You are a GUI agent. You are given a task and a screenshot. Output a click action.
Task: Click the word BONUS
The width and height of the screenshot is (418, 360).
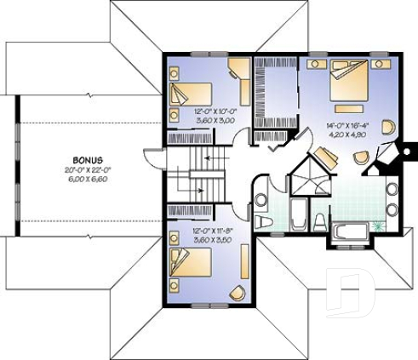[x=88, y=160]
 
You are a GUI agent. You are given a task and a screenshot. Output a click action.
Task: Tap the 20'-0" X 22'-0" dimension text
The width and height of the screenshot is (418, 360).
[x=88, y=169]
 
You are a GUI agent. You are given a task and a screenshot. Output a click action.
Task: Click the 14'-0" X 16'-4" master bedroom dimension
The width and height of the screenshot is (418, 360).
[x=346, y=125]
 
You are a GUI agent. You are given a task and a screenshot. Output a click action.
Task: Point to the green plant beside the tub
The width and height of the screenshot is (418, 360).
[x=378, y=228]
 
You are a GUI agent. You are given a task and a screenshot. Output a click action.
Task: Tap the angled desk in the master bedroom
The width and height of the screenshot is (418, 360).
[x=323, y=157]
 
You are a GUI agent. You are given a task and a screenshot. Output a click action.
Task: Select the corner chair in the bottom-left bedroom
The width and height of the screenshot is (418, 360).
[x=236, y=294]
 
